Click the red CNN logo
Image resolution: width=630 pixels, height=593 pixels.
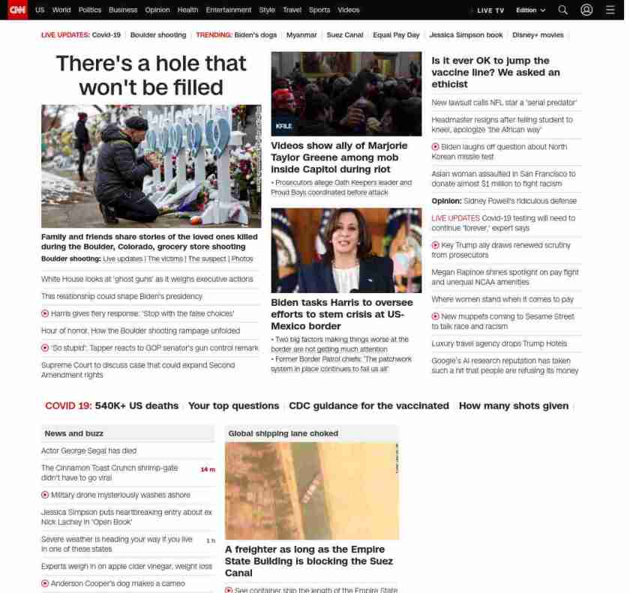coord(16,10)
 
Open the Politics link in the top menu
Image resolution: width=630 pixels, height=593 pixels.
coord(89,10)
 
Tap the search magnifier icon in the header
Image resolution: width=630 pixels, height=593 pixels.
coord(562,10)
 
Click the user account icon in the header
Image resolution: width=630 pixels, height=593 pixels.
coord(586,10)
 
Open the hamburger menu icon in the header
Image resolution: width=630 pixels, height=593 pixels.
coord(610,10)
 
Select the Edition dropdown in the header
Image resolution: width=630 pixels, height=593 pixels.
coord(530,10)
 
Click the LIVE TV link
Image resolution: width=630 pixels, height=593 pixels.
coord(490,10)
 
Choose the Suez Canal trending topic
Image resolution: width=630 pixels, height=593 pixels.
coord(345,35)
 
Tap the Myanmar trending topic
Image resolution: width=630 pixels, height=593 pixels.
coord(301,35)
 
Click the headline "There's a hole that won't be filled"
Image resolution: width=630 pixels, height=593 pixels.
coord(151,75)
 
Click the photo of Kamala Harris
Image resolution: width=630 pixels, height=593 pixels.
coord(346,250)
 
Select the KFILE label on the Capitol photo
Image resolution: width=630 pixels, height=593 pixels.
coord(283,127)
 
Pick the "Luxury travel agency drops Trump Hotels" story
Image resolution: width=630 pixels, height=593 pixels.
coord(499,343)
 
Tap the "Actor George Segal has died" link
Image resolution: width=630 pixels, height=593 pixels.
coord(88,451)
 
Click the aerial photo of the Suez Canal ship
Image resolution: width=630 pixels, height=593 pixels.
coord(311,490)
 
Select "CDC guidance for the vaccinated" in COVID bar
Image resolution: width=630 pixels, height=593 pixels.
coord(368,406)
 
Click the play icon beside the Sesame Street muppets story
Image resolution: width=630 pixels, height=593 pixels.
coord(436,316)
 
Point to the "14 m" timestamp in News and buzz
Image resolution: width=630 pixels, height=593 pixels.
coord(207,469)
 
